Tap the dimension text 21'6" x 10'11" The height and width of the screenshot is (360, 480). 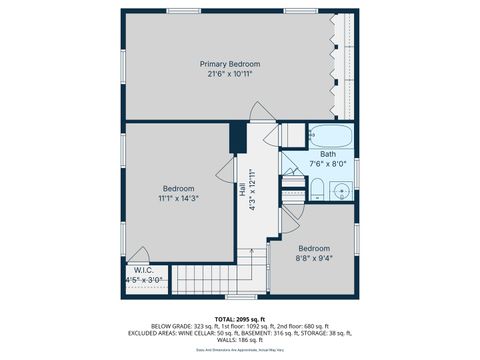tap(230, 74)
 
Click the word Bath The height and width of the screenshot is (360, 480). tap(327, 154)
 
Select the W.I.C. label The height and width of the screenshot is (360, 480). tap(142, 270)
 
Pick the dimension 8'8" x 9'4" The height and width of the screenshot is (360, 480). tap(313, 258)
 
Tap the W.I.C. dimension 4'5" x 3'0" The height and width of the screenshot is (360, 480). tap(142, 281)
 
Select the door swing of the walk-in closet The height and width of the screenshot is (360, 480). tap(143, 255)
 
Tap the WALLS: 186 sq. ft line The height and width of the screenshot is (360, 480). tap(239, 341)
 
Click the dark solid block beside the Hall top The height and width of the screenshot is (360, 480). tap(238, 137)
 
